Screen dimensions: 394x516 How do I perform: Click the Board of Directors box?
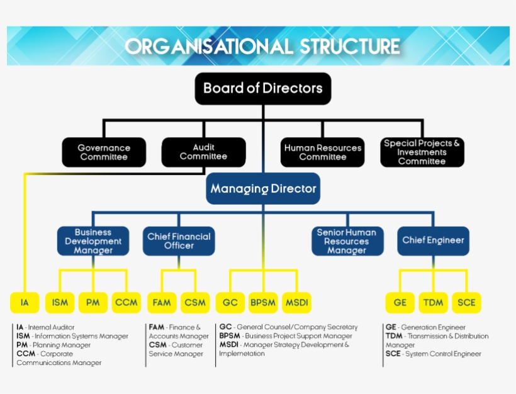(x=263, y=88)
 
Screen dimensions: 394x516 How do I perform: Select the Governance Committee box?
(x=104, y=152)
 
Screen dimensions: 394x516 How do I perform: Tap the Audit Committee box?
(x=203, y=152)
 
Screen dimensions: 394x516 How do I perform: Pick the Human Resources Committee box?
(x=322, y=152)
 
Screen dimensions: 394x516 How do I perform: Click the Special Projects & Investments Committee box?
(x=422, y=152)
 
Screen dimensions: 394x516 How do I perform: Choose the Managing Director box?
(x=263, y=189)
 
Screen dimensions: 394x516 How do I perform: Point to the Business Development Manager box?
(x=93, y=241)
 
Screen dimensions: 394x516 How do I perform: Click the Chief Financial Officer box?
(x=179, y=241)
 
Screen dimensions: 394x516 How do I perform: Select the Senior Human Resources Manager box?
(x=347, y=241)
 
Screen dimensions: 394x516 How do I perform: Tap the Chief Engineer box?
(x=433, y=240)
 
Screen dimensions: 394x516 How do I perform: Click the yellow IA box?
(x=25, y=303)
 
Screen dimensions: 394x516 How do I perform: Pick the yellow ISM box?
(x=60, y=303)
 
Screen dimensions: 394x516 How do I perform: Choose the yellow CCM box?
(x=126, y=303)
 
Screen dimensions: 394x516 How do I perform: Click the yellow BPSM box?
(x=263, y=303)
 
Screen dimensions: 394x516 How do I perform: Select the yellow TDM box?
(x=433, y=303)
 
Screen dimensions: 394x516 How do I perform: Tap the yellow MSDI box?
(x=296, y=303)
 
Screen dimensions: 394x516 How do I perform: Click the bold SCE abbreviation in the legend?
(x=393, y=354)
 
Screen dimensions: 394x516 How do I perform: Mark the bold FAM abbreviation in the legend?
(x=157, y=327)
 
